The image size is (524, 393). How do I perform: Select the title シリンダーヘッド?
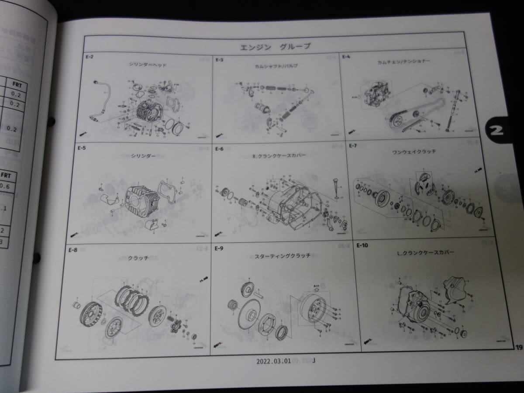pyautogui.click(x=148, y=65)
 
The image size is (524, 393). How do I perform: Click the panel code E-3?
pyautogui.click(x=219, y=60)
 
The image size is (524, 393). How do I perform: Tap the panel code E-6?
pyautogui.click(x=219, y=148)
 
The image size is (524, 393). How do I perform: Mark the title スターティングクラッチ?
pyautogui.click(x=283, y=255)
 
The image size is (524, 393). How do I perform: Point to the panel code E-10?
pyautogui.click(x=362, y=245)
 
